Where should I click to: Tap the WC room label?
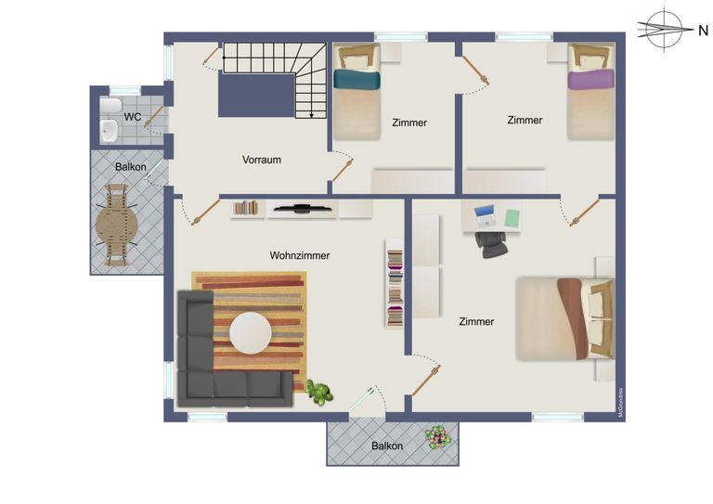[x=132, y=117]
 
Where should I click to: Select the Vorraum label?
[x=262, y=160]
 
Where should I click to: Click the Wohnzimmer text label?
[x=300, y=255]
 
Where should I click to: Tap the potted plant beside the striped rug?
[x=320, y=393]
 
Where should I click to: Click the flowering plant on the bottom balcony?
[x=436, y=436]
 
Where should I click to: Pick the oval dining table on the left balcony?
[x=117, y=226]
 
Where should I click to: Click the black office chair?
[x=491, y=239]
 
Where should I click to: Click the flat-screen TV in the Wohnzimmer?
[x=303, y=208]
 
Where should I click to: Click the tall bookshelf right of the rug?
[x=395, y=283]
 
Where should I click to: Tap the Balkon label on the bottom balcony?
[x=387, y=446]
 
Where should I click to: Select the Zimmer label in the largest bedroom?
[x=476, y=321]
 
